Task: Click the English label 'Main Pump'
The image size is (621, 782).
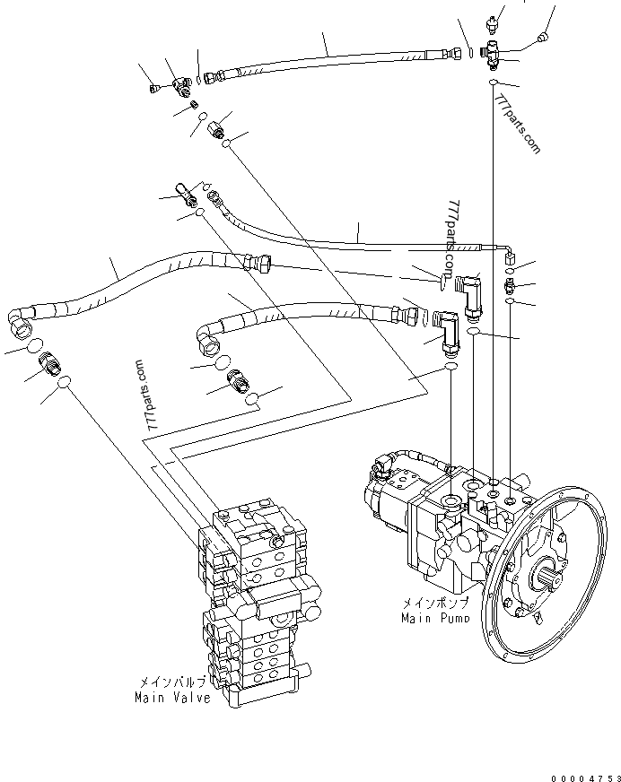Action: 435,619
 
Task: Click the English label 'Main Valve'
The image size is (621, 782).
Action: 172,697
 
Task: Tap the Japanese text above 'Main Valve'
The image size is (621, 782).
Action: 171,682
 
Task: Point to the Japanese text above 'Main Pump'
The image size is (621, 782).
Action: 436,603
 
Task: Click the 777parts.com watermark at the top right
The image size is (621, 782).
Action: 517,124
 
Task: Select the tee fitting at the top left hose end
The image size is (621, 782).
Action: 181,87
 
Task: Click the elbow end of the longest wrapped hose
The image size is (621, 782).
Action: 19,322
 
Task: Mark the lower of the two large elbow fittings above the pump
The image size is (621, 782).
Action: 447,332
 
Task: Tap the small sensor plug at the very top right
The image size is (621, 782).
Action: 492,23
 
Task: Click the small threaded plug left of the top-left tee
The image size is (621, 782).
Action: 155,89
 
